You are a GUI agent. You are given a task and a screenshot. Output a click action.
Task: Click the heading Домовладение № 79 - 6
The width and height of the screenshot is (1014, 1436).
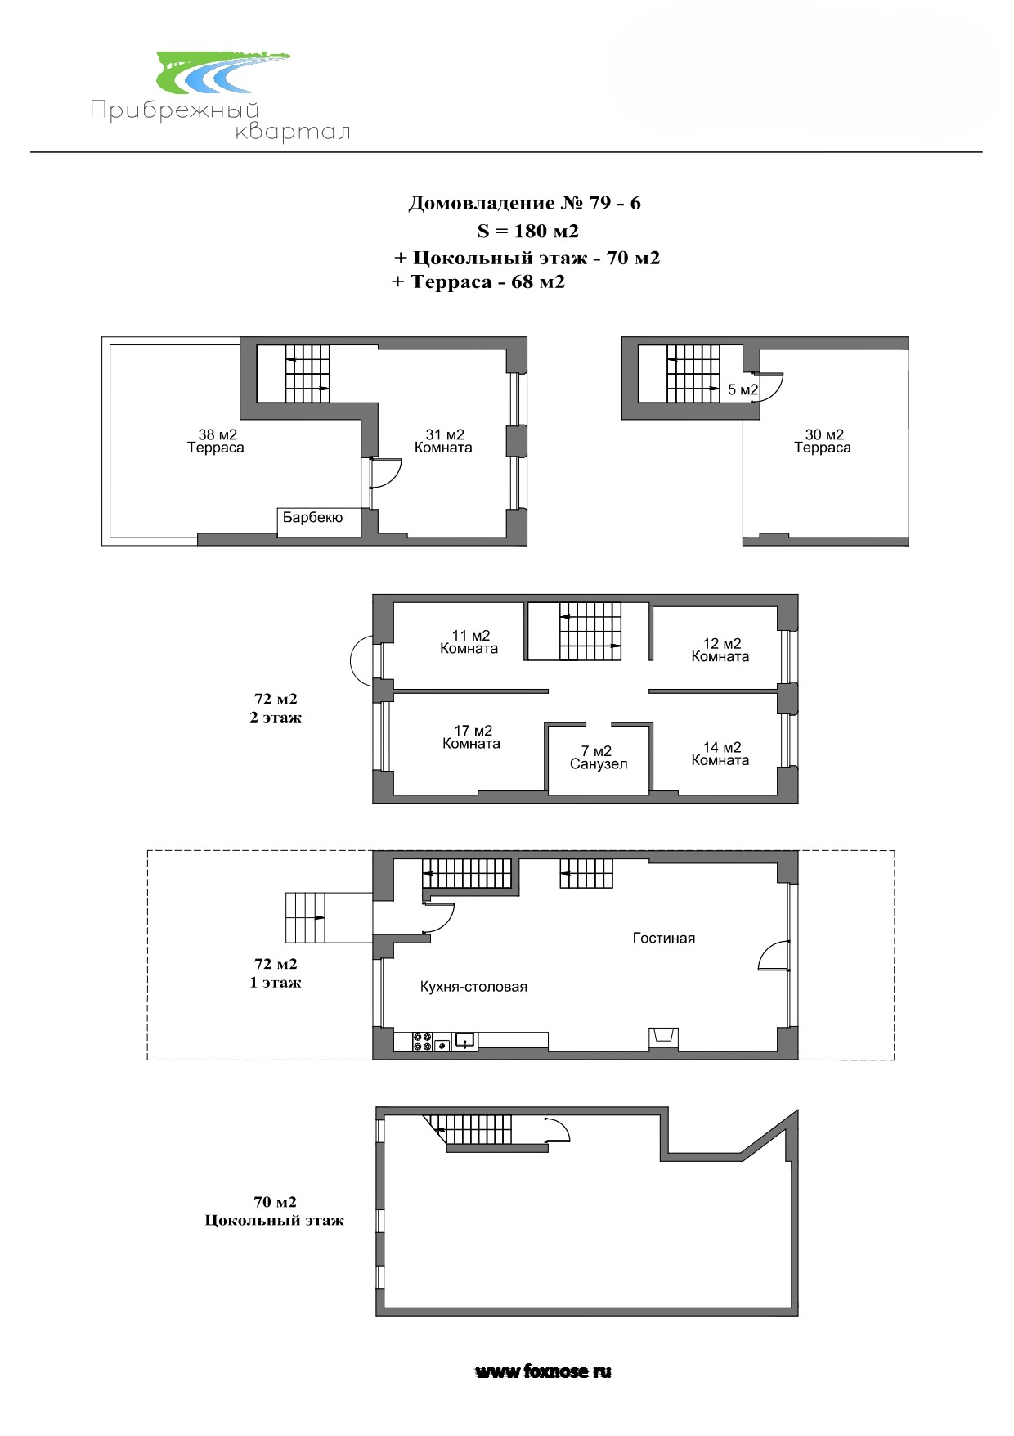click(524, 203)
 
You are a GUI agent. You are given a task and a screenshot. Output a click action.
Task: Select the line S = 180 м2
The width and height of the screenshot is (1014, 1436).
click(527, 231)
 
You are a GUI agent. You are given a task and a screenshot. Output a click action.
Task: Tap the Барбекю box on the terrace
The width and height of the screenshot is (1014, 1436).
click(319, 522)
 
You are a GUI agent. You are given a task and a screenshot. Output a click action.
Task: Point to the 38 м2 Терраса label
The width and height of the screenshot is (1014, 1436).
click(216, 441)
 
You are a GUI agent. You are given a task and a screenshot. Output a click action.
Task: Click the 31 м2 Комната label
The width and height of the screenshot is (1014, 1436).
click(443, 441)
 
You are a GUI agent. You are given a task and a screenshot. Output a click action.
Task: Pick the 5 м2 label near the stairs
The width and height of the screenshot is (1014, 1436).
click(743, 389)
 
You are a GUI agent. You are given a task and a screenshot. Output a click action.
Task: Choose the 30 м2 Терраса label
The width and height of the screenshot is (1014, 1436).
click(823, 441)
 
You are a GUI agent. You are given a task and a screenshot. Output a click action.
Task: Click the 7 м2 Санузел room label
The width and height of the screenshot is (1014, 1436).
click(599, 758)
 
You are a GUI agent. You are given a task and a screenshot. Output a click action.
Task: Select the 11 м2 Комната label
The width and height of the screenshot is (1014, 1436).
click(469, 642)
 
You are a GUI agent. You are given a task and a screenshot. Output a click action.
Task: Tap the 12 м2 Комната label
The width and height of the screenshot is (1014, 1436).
click(720, 650)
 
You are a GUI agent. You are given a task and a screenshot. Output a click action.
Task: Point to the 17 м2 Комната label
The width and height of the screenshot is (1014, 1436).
click(472, 737)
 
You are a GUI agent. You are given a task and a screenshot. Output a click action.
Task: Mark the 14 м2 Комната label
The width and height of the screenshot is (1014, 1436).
click(720, 754)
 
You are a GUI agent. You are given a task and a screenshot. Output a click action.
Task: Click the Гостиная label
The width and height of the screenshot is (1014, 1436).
click(664, 939)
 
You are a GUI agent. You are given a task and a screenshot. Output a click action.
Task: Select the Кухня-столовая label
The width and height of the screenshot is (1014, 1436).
click(473, 987)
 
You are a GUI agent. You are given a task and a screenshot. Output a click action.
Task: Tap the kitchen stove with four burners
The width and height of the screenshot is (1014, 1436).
click(424, 1042)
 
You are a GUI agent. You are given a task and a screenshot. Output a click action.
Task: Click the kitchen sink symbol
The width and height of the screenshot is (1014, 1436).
click(464, 1041)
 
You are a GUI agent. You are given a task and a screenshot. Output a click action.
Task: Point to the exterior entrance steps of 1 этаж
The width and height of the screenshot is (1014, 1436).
click(305, 917)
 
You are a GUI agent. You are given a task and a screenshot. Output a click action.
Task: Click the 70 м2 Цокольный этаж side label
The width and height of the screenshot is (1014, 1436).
click(275, 1211)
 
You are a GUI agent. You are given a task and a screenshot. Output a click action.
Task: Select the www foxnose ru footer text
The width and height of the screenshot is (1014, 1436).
click(544, 1371)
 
